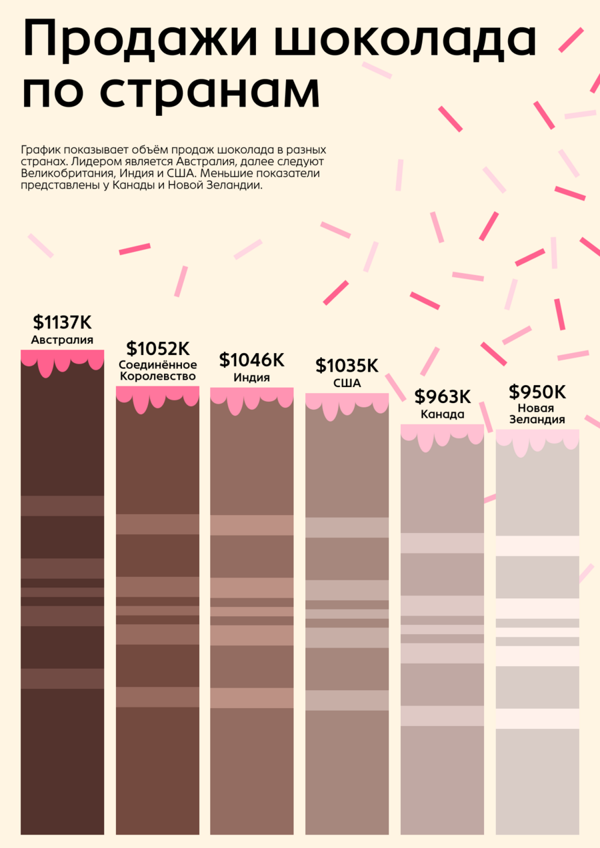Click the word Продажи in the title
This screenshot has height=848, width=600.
(141, 39)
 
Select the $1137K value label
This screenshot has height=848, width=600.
(62, 322)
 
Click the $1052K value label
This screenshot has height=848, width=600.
(157, 348)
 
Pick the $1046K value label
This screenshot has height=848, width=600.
(251, 360)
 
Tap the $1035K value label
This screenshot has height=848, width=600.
(347, 365)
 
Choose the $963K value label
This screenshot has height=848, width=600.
(443, 396)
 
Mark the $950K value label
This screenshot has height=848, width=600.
(537, 392)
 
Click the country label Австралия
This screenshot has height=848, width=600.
(62, 340)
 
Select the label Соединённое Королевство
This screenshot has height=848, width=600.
(157, 370)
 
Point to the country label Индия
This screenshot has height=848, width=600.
(251, 378)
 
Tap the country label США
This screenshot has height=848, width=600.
(347, 383)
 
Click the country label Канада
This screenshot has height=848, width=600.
(443, 414)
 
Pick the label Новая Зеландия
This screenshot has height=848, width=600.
(537, 414)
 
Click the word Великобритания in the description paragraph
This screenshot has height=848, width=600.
(67, 174)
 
